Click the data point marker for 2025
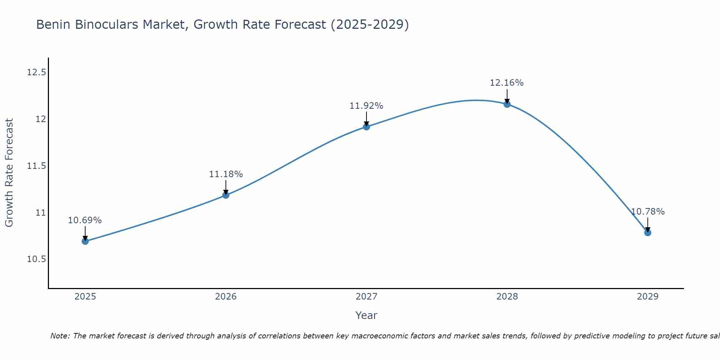coord(85,241)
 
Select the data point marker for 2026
coord(226,195)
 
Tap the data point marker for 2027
coord(366,127)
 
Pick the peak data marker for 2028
coord(507,104)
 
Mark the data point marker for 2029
coord(648,233)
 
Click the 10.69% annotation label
coord(85,220)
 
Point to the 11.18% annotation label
coord(226,174)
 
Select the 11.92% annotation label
coord(366,106)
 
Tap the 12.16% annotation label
coord(507,83)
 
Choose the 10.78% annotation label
coord(648,212)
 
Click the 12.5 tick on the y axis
coord(36,72)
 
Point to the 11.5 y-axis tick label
coord(36,166)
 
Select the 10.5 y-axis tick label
coord(36,259)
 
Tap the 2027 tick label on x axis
coord(366,297)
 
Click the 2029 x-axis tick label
coord(648,297)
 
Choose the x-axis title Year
coord(366,315)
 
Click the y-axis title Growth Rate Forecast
coord(9,173)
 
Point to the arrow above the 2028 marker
coord(507,96)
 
